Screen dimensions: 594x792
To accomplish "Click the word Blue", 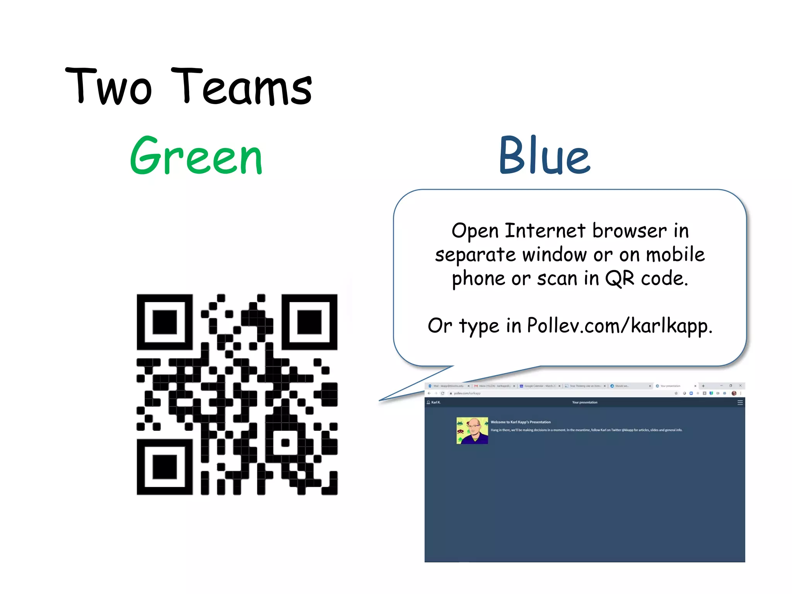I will (544, 155).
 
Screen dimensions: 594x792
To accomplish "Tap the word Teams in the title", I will (241, 87).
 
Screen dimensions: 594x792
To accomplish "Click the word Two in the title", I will (109, 87).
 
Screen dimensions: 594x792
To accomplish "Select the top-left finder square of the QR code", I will (165, 322).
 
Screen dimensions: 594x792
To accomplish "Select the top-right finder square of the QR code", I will (309, 322).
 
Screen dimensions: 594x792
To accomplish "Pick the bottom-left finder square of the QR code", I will (165, 467).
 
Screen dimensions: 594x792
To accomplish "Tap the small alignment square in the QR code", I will (285, 443).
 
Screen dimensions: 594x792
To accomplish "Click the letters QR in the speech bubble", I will (620, 278).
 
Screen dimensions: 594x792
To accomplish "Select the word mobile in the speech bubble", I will (675, 255).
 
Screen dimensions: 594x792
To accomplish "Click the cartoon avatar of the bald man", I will (472, 430).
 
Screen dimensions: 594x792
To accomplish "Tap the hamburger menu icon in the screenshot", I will (740, 403).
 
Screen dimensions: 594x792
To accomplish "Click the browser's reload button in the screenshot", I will (442, 393).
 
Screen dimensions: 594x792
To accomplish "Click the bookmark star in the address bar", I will (676, 393).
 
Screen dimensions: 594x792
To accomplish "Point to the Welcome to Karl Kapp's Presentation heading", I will (521, 422).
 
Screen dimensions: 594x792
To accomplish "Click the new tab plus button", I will (703, 386).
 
